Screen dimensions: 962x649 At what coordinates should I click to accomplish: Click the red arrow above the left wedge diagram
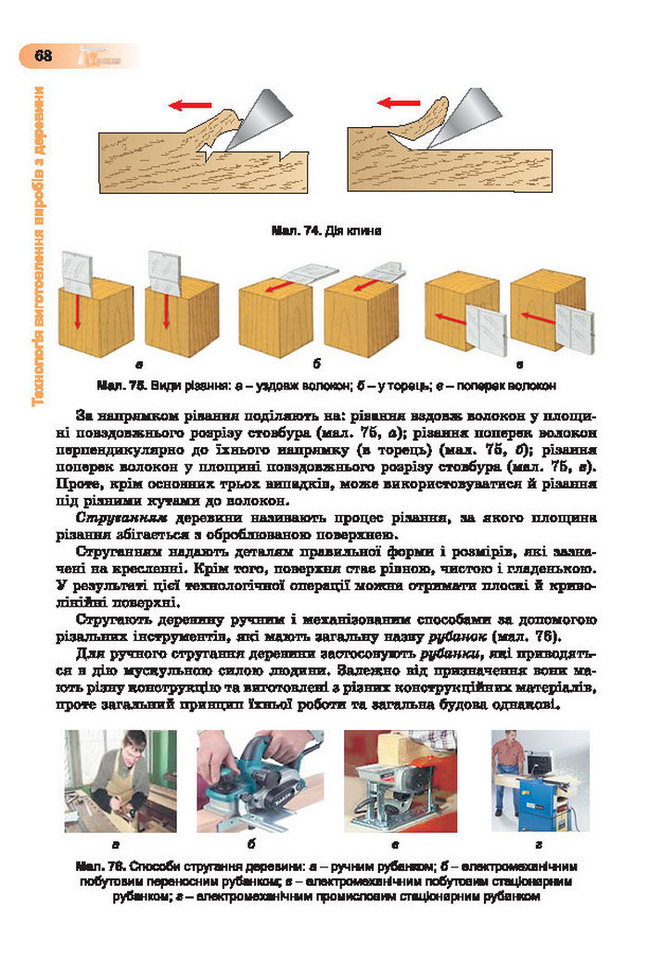tap(189, 105)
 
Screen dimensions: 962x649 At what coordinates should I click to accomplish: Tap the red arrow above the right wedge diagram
tap(398, 103)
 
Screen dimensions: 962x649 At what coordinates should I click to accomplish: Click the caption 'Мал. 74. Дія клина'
tap(325, 230)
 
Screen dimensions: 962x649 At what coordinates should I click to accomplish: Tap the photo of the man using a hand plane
tap(120, 781)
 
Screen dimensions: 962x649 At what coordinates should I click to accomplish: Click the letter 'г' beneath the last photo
tap(538, 845)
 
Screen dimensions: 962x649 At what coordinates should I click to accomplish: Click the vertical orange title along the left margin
tap(38, 246)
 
